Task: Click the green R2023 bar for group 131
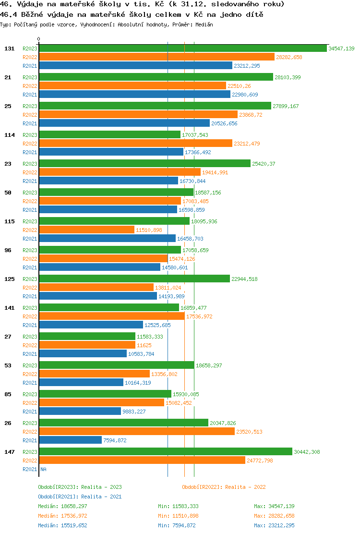click(x=183, y=49)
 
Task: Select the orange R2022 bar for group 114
click(x=135, y=144)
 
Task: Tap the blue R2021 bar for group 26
click(x=71, y=440)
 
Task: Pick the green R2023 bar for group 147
click(x=166, y=452)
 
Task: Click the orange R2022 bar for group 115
click(x=87, y=230)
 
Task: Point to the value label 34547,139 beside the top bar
click(x=341, y=49)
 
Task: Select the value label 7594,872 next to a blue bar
click(x=115, y=440)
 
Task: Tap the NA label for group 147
click(x=43, y=469)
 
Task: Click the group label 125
click(x=10, y=279)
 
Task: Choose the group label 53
click(x=8, y=365)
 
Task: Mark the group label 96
click(x=8, y=250)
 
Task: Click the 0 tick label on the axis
click(x=39, y=39)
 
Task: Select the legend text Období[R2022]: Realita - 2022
click(x=224, y=487)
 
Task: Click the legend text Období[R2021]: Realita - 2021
click(x=80, y=497)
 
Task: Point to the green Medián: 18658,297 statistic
click(x=62, y=506)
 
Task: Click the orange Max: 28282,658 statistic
click(x=274, y=516)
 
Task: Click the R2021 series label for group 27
click(x=30, y=354)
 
